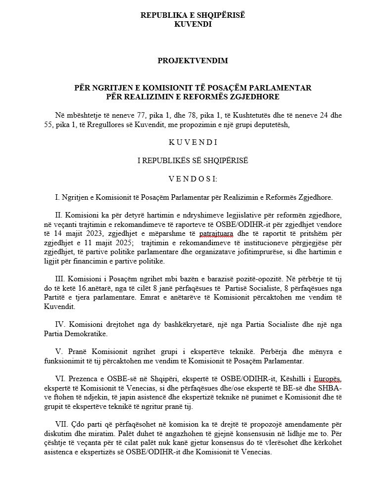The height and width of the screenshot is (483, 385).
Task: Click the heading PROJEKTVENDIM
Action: click(x=192, y=61)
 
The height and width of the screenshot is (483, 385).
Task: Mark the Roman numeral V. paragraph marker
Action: click(x=58, y=352)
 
